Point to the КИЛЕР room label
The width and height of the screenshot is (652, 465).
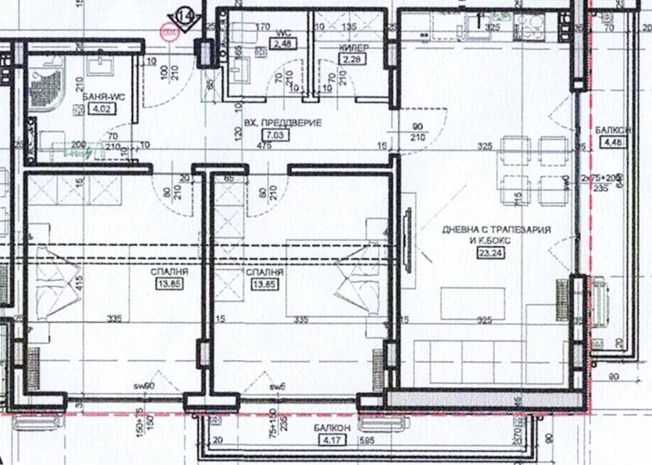click(351, 47)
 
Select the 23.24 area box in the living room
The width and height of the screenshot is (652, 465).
click(487, 251)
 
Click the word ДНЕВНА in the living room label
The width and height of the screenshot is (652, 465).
click(462, 230)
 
